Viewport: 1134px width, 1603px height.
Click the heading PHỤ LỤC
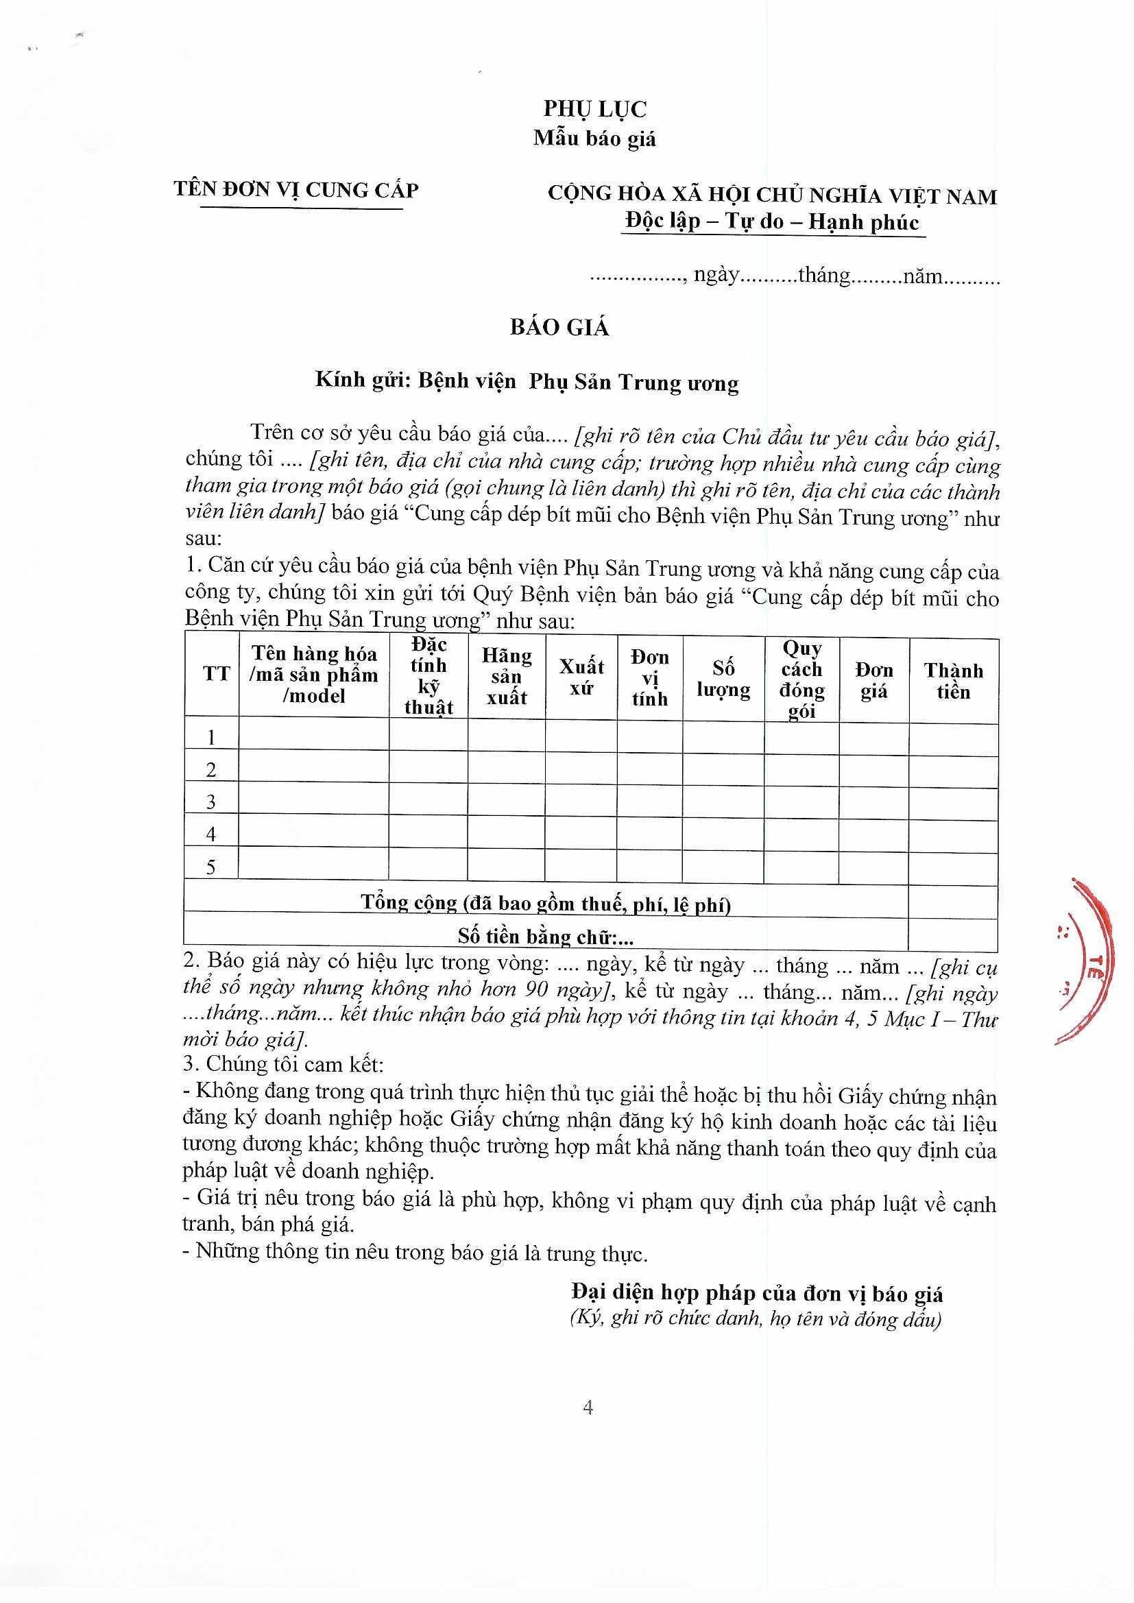point(595,109)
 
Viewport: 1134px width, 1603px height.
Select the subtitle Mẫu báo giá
point(595,138)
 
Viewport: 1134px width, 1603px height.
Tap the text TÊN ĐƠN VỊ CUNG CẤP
point(297,190)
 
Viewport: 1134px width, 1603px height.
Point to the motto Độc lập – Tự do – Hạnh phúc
point(772,222)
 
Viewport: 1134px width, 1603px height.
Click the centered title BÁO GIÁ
point(559,328)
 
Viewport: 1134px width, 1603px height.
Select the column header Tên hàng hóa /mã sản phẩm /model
point(314,675)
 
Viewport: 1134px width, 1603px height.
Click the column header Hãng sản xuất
point(507,677)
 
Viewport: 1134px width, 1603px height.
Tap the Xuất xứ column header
point(581,677)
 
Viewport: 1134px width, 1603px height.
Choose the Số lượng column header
point(723,679)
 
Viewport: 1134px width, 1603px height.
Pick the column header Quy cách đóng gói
point(801,679)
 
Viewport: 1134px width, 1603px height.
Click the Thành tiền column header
point(953,681)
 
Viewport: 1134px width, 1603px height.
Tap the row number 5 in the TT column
point(212,867)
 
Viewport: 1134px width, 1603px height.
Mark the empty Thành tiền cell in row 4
point(953,834)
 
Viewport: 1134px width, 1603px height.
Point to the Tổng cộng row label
point(545,904)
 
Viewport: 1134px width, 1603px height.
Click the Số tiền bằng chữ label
point(545,937)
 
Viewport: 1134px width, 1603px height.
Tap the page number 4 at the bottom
point(588,1408)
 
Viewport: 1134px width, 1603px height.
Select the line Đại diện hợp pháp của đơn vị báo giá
point(756,1294)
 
